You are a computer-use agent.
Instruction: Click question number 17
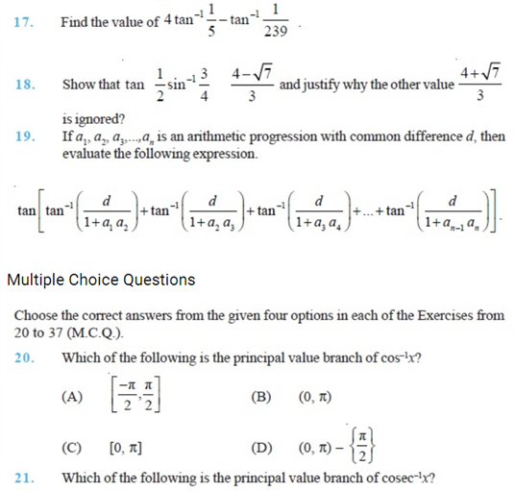[25, 21]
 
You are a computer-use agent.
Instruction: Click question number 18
[25, 85]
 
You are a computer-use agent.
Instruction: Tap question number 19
[25, 136]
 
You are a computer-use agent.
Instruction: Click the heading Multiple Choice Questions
[101, 280]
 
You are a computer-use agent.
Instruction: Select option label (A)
[72, 395]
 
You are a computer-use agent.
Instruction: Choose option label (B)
[260, 395]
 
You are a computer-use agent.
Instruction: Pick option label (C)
[72, 448]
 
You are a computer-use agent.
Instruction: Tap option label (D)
[260, 448]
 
